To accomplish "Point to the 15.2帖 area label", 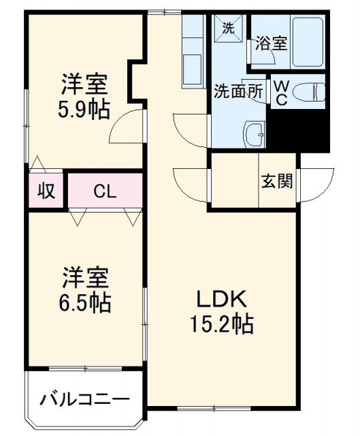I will coord(220,323).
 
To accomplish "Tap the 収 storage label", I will coord(46,191).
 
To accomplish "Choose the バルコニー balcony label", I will coord(84,399).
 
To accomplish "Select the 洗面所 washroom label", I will coord(238,91).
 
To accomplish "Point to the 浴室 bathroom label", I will coord(272,44).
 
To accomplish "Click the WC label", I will coord(280,91).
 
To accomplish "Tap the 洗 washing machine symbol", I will coord(229,29).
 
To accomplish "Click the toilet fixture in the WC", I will coord(310,90).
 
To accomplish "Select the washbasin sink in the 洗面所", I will coord(257,134).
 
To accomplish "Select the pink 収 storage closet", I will coord(46,191).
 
